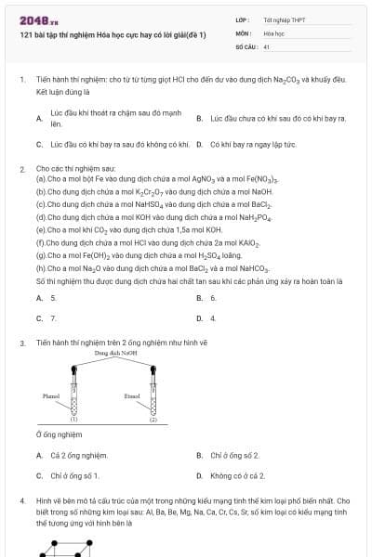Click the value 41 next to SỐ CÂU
point(267,45)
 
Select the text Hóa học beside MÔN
point(272,32)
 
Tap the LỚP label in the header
point(242,19)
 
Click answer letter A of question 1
point(40,118)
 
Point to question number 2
point(22,169)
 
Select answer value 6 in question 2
point(213,298)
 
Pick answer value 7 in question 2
point(53,318)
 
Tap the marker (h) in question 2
point(41,267)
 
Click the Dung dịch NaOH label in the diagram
point(115,353)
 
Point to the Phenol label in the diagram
point(51,395)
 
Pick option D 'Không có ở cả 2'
point(237,476)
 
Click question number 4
point(22,500)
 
